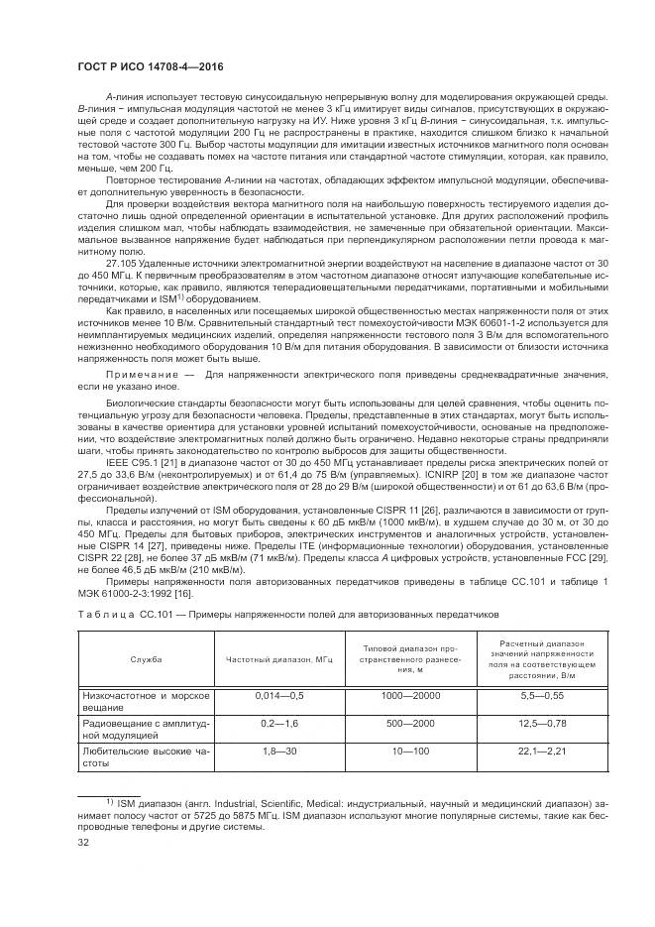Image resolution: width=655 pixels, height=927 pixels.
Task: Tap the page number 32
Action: click(83, 843)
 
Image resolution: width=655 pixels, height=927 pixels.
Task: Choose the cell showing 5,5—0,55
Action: click(541, 696)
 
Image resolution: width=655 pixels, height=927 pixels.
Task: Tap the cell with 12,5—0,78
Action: click(541, 724)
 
